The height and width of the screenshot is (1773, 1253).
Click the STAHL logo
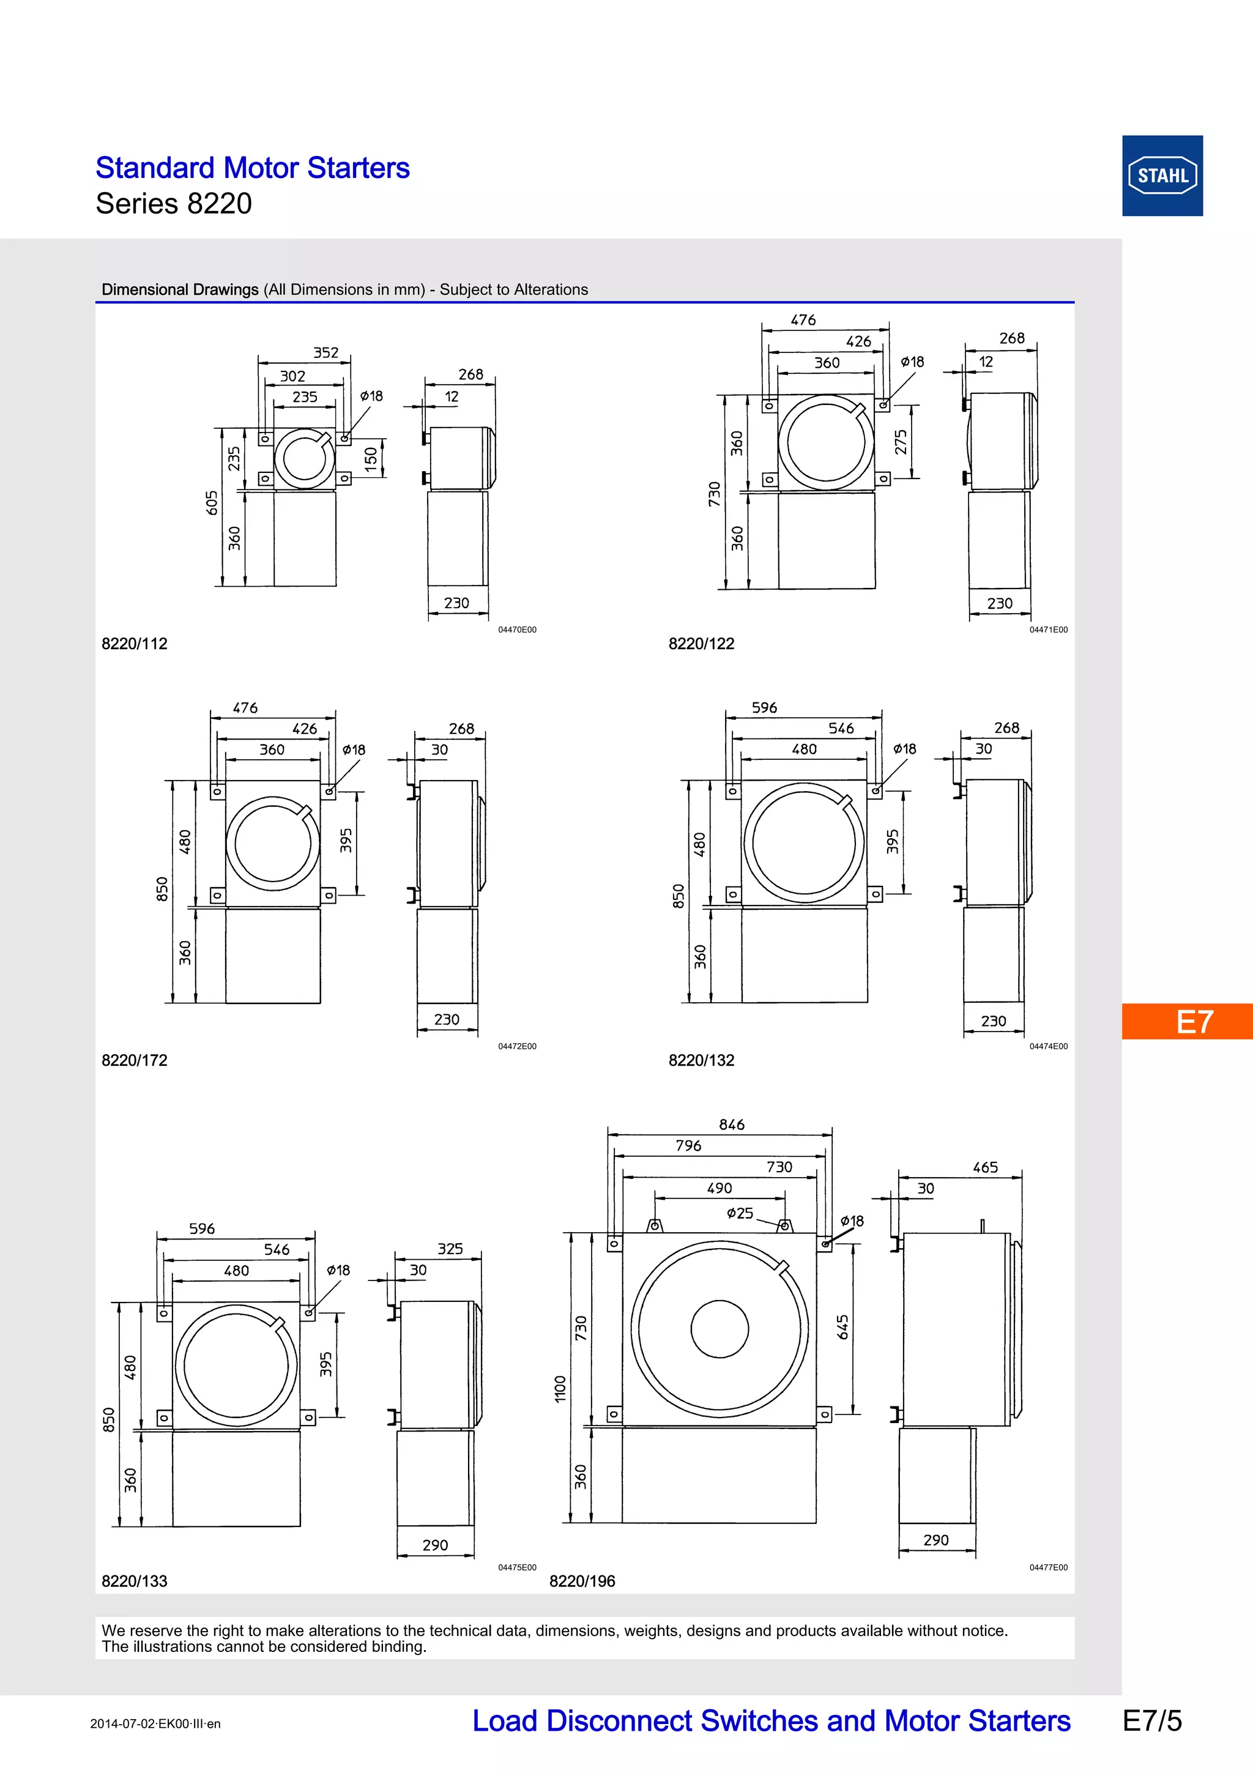pyautogui.click(x=1162, y=176)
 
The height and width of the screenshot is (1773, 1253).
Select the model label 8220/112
pyautogui.click(x=135, y=643)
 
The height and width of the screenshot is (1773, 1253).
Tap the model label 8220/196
pyautogui.click(x=582, y=1581)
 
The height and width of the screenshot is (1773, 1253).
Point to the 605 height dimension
pyautogui.click(x=212, y=503)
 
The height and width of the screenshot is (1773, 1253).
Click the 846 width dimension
pyautogui.click(x=732, y=1124)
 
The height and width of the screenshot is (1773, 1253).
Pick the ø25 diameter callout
pyautogui.click(x=740, y=1213)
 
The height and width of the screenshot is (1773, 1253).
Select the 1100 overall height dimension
pyautogui.click(x=560, y=1388)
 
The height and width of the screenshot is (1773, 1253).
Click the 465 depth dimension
pyautogui.click(x=985, y=1167)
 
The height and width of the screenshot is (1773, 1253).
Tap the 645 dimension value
pyautogui.click(x=843, y=1326)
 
